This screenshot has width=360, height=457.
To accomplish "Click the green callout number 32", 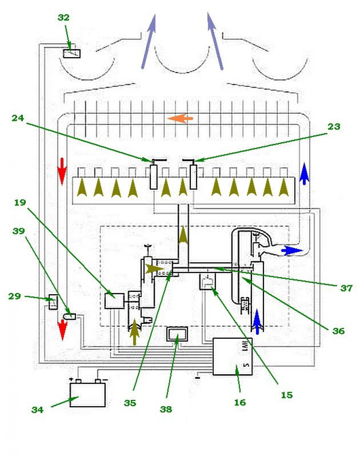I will pyautogui.click(x=63, y=18).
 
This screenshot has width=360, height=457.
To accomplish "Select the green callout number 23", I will pyautogui.click(x=333, y=127).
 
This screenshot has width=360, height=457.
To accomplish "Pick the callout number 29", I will pyautogui.click(x=15, y=296).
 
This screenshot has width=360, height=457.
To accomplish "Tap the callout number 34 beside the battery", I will pyautogui.click(x=38, y=410).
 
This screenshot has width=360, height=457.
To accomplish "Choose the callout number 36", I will pyautogui.click(x=338, y=331).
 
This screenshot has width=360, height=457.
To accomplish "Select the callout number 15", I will pyautogui.click(x=286, y=395).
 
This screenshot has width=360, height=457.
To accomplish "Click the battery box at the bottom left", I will pyautogui.click(x=88, y=394).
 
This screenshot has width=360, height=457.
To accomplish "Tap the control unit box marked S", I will pyautogui.click(x=232, y=356).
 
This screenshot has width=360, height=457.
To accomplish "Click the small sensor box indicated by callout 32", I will pyautogui.click(x=72, y=54).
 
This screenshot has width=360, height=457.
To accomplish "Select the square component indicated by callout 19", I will pyautogui.click(x=114, y=300).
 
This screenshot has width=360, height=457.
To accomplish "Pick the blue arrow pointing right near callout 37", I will pyautogui.click(x=292, y=250).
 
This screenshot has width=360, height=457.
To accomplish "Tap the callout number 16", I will pyautogui.click(x=240, y=402).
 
